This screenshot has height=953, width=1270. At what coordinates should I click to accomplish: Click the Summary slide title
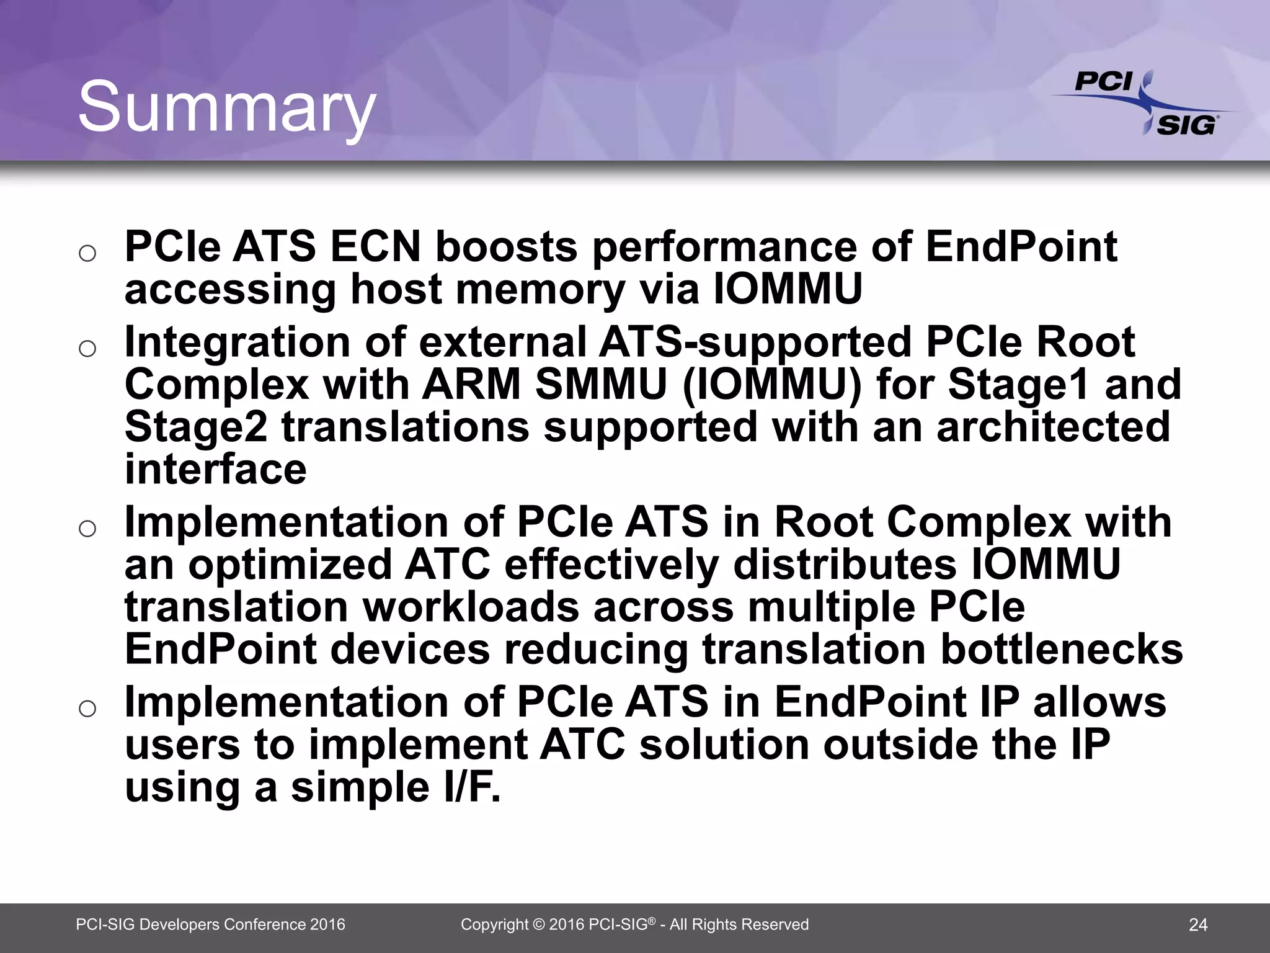[x=226, y=107]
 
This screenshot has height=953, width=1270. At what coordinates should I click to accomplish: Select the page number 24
[x=1198, y=925]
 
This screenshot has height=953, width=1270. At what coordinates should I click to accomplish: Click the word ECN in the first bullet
[x=375, y=246]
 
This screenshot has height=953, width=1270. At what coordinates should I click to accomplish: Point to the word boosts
[x=506, y=246]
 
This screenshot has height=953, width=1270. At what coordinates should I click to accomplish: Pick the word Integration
[x=238, y=342]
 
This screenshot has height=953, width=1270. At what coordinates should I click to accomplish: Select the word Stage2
[x=196, y=427]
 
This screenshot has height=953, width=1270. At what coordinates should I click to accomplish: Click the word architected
[x=1053, y=427]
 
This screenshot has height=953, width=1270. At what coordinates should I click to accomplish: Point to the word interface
[x=215, y=469]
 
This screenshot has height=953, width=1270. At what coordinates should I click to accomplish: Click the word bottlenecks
[x=1062, y=649]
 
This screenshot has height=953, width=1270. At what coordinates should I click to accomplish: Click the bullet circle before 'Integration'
[x=87, y=349]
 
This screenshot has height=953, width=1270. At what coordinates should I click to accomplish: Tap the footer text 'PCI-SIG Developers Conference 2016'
[x=210, y=925]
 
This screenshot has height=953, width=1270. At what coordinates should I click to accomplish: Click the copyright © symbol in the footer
[x=538, y=925]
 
